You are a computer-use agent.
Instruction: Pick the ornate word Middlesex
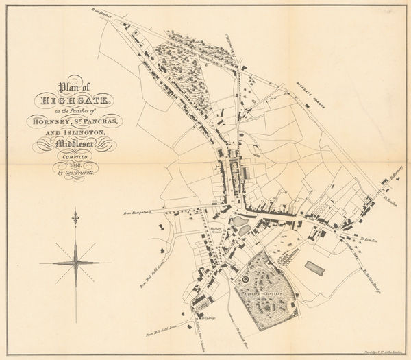pos(74,144)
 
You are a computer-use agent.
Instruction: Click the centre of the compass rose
pos(75,263)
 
